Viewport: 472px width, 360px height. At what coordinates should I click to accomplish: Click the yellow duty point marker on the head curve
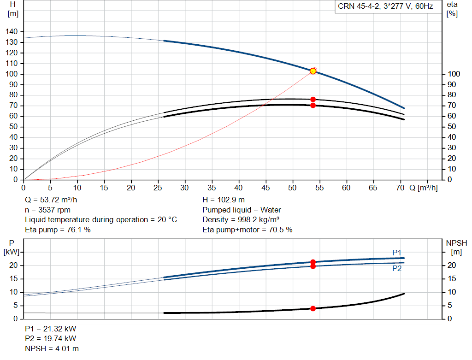[313, 71]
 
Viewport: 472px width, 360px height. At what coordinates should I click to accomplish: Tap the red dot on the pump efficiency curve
[313, 99]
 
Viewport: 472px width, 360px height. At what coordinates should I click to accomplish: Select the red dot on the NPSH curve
[313, 308]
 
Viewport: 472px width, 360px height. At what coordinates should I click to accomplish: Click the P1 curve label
[397, 253]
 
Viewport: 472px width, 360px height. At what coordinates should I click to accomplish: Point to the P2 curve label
[397, 268]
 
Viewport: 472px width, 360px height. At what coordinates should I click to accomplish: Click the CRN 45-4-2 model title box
[388, 6]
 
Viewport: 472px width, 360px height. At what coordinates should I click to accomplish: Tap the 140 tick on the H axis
[12, 32]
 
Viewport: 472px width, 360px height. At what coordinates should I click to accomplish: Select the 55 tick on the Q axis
[319, 188]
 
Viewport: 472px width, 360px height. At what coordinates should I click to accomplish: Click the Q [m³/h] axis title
[424, 188]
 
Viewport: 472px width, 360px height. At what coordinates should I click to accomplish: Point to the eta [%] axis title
[452, 9]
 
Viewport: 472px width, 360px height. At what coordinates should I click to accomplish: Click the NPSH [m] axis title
[456, 248]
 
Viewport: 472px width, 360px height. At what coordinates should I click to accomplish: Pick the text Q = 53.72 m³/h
[51, 200]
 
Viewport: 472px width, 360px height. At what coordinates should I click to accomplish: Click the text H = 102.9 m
[224, 200]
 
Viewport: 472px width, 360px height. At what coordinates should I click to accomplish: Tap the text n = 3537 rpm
[47, 210]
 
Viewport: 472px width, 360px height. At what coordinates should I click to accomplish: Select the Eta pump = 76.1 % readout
[58, 230]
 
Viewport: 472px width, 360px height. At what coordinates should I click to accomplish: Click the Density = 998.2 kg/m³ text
[241, 220]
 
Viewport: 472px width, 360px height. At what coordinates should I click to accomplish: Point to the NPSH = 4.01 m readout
[52, 348]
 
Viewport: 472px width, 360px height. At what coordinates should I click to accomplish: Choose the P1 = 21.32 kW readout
[51, 329]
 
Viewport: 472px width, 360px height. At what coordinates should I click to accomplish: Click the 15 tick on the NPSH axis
[452, 279]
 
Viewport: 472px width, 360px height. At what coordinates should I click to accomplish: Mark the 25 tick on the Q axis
[158, 188]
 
